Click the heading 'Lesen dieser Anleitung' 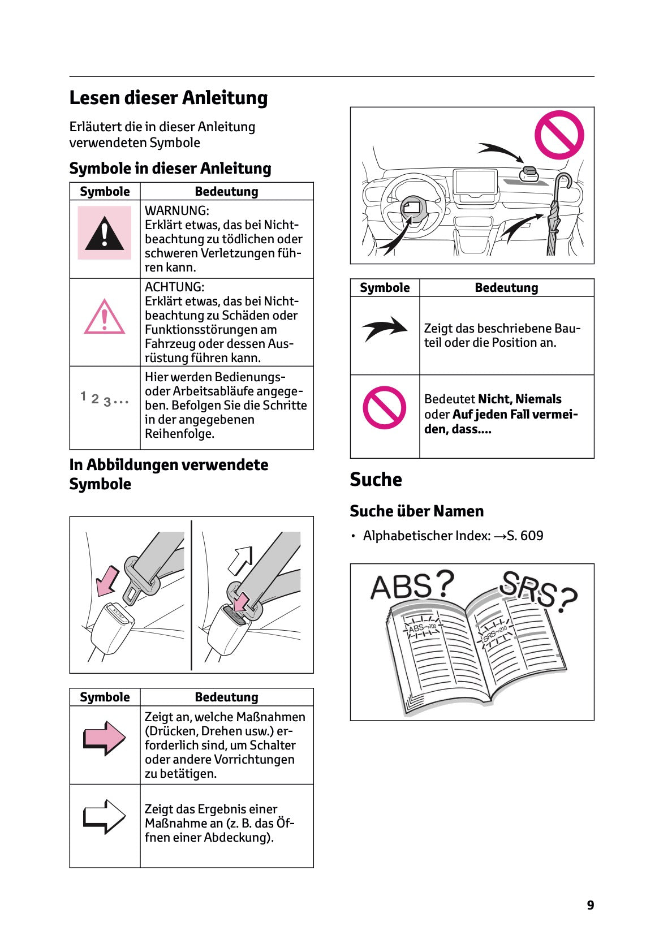pos(168,98)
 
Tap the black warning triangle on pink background pos(105,233)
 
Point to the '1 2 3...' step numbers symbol pos(105,399)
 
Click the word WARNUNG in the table pos(176,210)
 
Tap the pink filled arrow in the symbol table pos(105,738)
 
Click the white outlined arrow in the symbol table pos(105,816)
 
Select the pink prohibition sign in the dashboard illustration pos(559,135)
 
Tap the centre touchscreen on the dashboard pos(475,183)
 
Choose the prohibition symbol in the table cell pos(385,407)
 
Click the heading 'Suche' pos(376,480)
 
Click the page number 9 pos(590,905)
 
